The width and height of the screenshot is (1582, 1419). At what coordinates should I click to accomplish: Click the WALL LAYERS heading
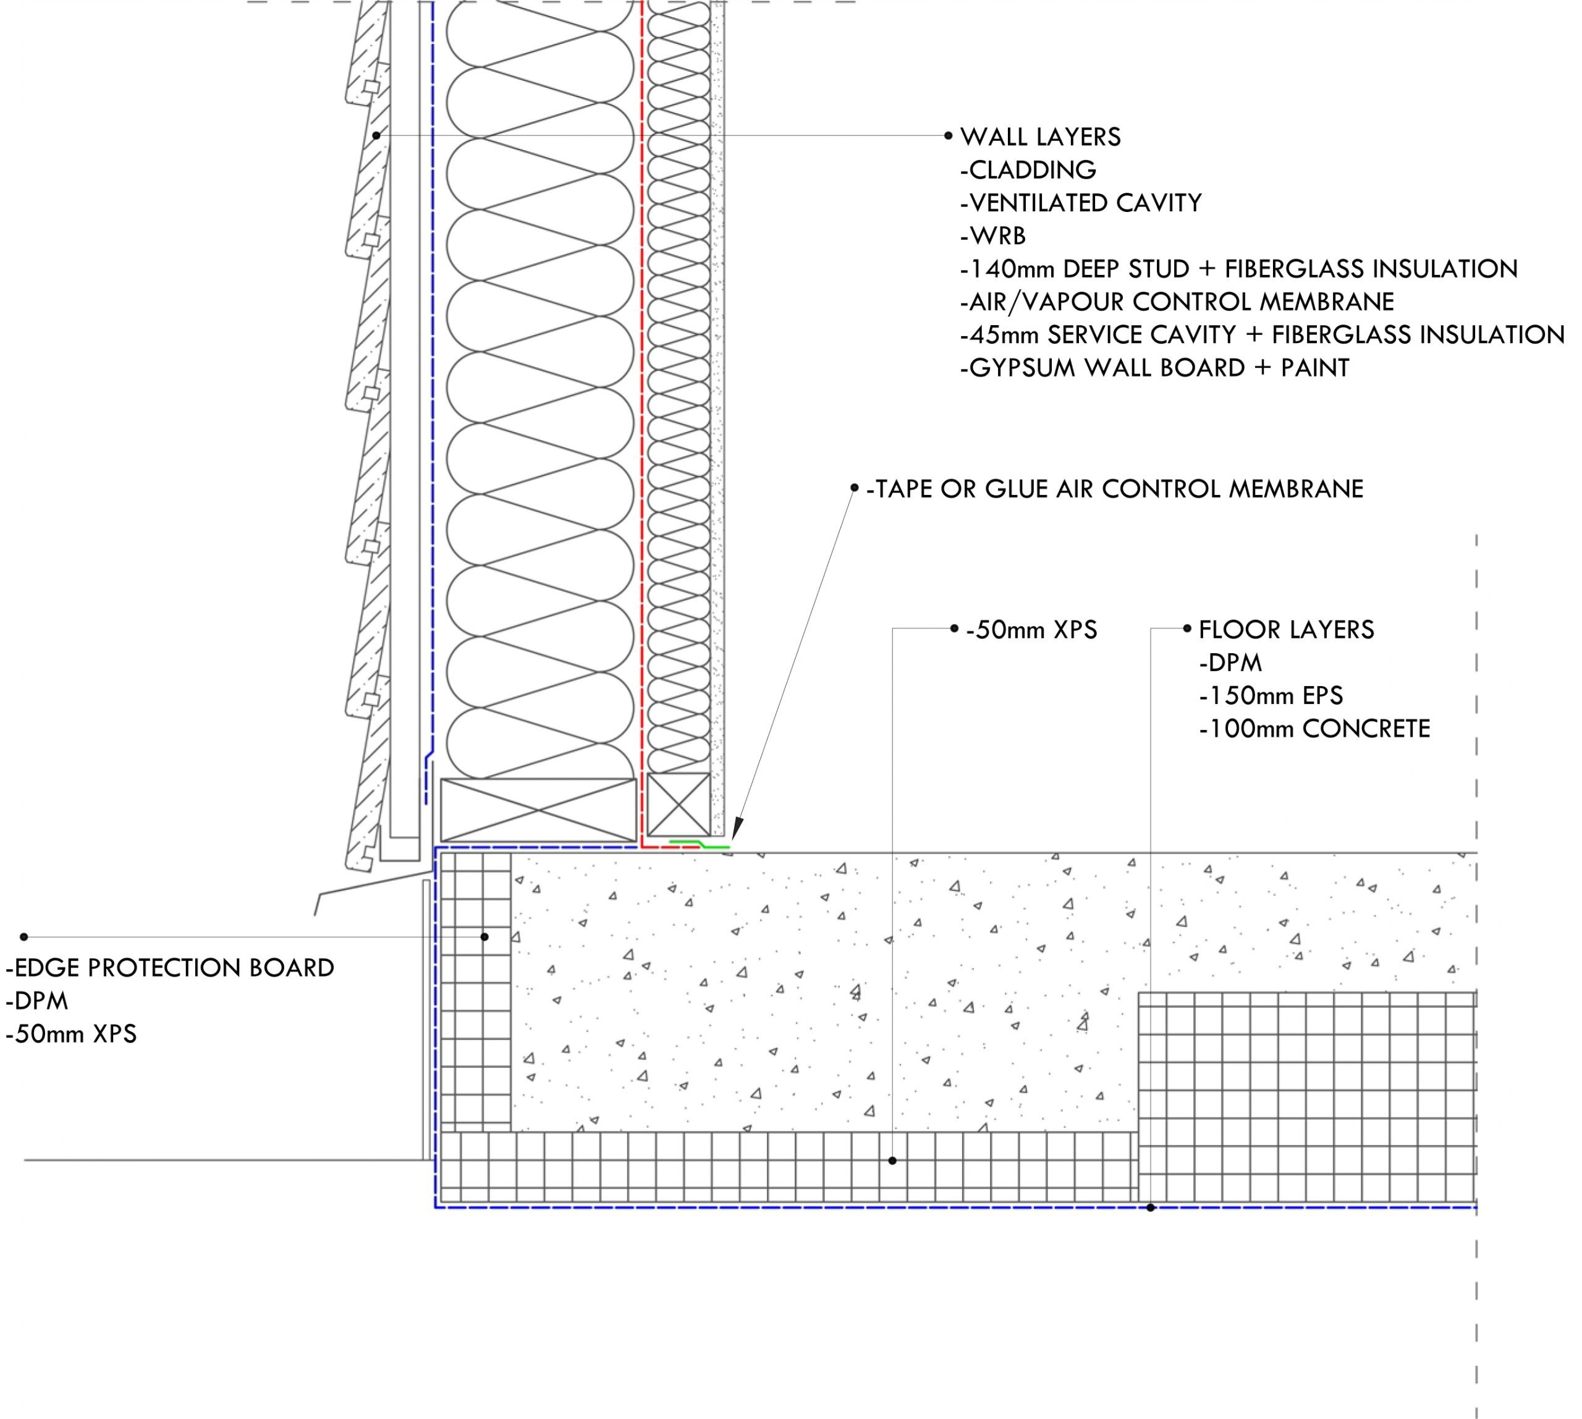coord(1040,137)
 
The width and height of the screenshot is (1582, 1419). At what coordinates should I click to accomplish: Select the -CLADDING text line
coord(1028,170)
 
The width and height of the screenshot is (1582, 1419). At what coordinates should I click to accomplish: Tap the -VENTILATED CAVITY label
coord(1081,203)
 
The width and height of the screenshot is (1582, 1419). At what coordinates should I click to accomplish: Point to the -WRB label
coord(993,235)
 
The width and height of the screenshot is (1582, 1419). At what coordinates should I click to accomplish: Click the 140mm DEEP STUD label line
coord(1239,269)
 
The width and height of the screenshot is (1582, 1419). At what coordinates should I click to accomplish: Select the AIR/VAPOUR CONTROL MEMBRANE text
coord(1177,302)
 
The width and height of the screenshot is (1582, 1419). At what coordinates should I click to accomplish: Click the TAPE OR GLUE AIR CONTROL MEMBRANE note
coord(1115,489)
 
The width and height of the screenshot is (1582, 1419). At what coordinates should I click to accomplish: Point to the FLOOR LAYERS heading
coord(1287,630)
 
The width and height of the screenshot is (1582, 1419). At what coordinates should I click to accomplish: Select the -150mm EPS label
coord(1271,695)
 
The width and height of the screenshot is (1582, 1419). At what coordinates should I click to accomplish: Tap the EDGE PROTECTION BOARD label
coord(170,968)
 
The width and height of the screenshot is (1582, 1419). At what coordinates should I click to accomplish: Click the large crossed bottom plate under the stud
coord(539,809)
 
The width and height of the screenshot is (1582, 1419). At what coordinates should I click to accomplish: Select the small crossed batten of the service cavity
coord(679,805)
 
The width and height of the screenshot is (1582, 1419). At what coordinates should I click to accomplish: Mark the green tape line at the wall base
coord(700,844)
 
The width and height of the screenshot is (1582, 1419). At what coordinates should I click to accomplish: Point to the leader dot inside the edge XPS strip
coord(484,936)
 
